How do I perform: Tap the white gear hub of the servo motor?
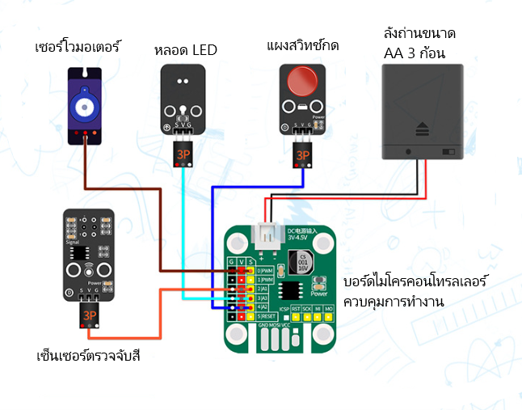(x=82, y=106)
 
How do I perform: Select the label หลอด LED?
(x=185, y=50)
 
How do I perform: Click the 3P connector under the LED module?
(x=183, y=151)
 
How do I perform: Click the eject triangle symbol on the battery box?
(x=422, y=127)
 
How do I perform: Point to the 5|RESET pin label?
(x=266, y=316)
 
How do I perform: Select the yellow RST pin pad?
(x=296, y=318)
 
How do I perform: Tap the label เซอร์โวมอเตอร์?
(x=78, y=46)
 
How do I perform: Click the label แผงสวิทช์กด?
(x=301, y=45)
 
